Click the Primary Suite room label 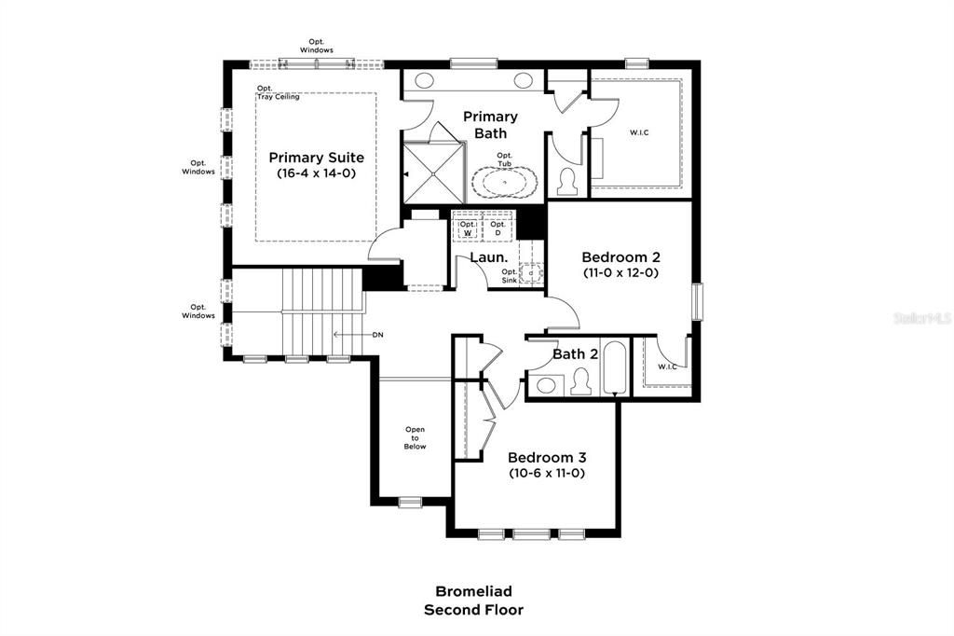click(x=316, y=158)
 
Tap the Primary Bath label click(x=490, y=125)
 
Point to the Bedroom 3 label click(x=546, y=458)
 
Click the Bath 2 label click(x=575, y=354)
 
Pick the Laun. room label click(x=488, y=257)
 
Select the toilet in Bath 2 click(x=581, y=381)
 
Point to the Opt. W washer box click(x=468, y=228)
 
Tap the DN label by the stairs click(x=377, y=334)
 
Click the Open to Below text click(x=415, y=438)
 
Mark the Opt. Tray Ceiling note click(x=279, y=93)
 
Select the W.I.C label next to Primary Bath click(x=639, y=132)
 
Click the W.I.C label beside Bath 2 click(x=667, y=366)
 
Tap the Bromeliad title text click(x=473, y=591)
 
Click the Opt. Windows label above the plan click(x=316, y=46)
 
